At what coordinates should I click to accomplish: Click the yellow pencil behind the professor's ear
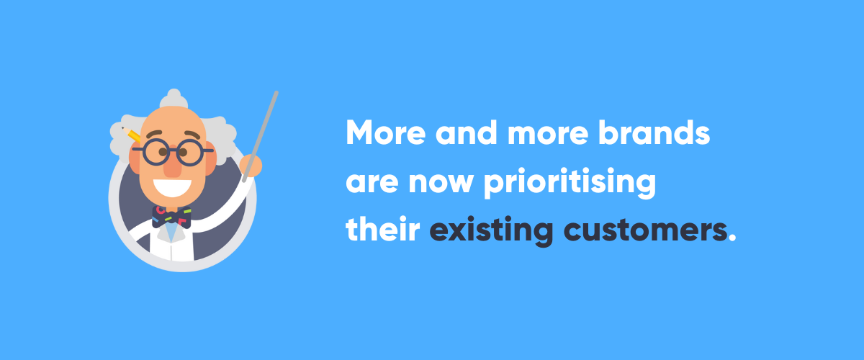(x=133, y=135)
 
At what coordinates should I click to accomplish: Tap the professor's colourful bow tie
(x=172, y=214)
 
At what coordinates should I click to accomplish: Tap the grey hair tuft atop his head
(x=173, y=97)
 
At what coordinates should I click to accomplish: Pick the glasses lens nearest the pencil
(x=155, y=151)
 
